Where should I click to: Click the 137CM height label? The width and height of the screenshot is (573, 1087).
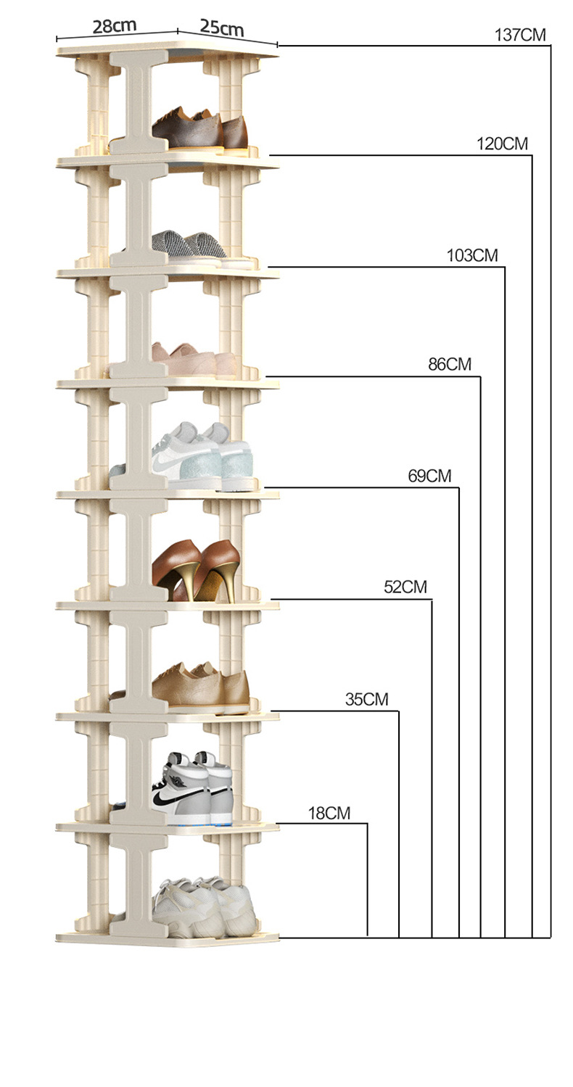(x=519, y=35)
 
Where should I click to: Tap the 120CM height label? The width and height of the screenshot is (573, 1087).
(x=502, y=144)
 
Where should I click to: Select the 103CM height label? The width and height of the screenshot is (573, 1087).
(x=472, y=256)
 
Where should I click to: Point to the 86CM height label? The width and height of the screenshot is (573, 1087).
(x=449, y=365)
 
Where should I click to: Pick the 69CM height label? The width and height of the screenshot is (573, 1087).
(x=429, y=476)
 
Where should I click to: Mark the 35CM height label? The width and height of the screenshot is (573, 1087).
(x=366, y=700)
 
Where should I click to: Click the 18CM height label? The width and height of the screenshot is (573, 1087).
(x=329, y=814)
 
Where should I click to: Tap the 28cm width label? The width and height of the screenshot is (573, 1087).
(x=114, y=27)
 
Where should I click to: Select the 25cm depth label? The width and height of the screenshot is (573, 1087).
(x=222, y=28)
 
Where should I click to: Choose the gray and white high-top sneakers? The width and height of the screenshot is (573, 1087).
(x=193, y=788)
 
